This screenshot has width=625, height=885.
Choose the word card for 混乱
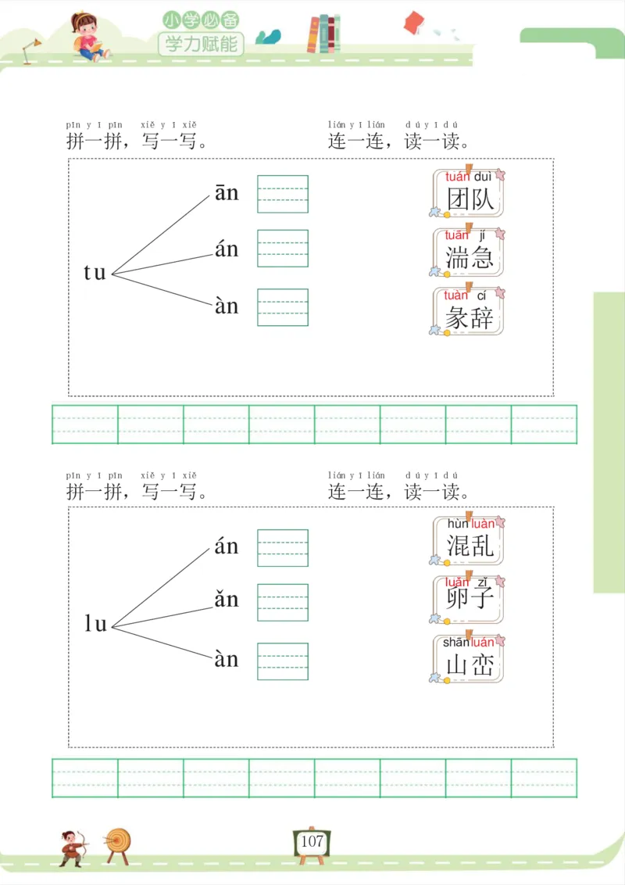(x=469, y=540)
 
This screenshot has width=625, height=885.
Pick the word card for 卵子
(x=469, y=599)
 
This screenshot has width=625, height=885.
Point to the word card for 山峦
(x=469, y=659)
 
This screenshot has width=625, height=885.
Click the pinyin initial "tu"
(x=95, y=273)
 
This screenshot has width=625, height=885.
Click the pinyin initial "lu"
(x=95, y=624)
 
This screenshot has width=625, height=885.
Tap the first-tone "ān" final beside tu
(x=227, y=193)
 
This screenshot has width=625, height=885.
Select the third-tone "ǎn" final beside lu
(x=227, y=600)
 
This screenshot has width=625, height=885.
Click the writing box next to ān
(x=283, y=194)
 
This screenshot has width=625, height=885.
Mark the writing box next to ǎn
(x=283, y=603)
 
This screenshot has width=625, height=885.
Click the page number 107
(x=312, y=842)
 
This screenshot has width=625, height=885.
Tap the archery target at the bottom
(x=119, y=843)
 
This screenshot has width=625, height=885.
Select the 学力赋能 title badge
(x=201, y=44)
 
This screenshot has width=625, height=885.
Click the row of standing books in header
(x=323, y=34)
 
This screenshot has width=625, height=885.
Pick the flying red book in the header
(x=413, y=23)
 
